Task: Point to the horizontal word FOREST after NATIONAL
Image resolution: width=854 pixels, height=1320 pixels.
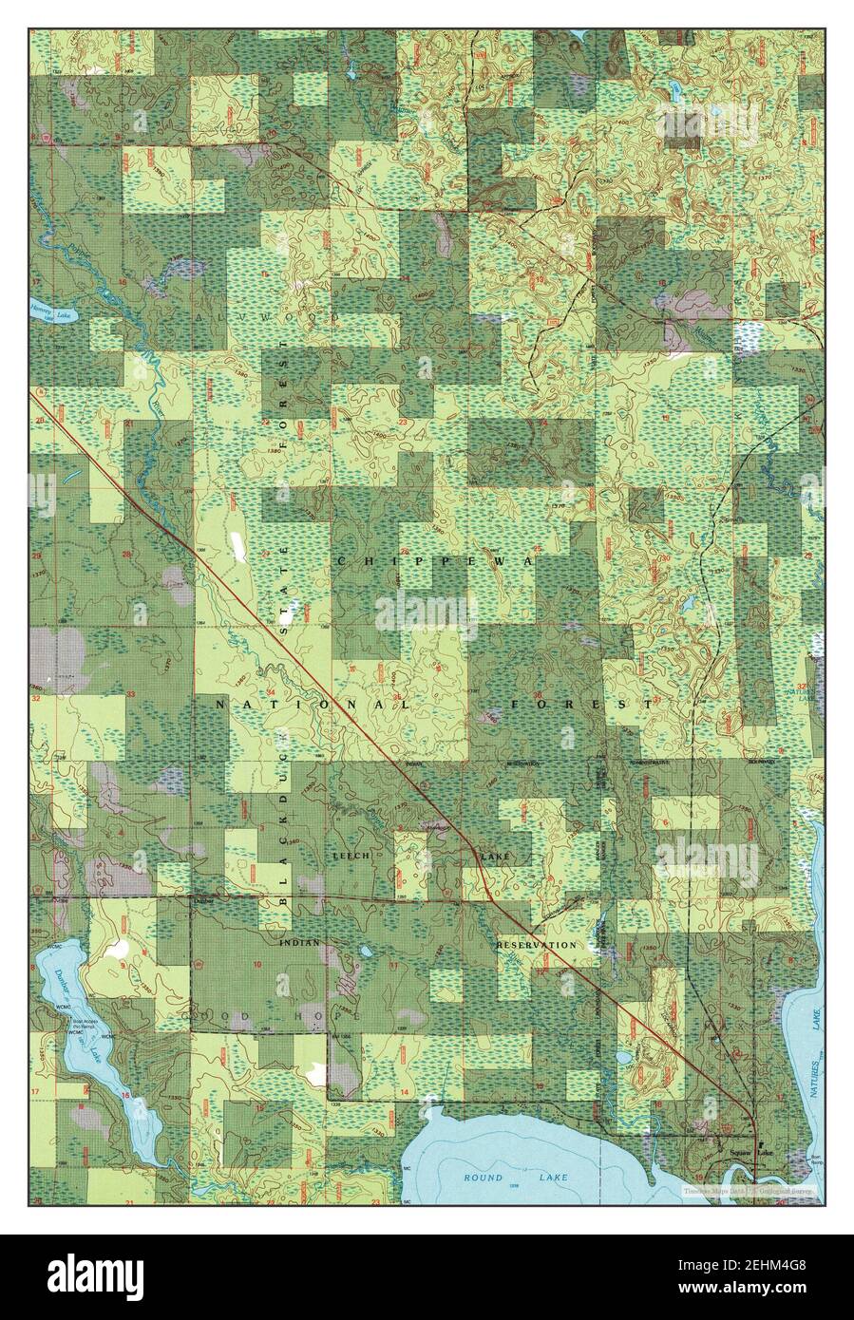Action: click(x=580, y=705)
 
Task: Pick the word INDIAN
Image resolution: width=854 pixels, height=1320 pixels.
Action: click(x=300, y=943)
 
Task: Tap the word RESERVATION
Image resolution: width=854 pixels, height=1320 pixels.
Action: click(x=536, y=945)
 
